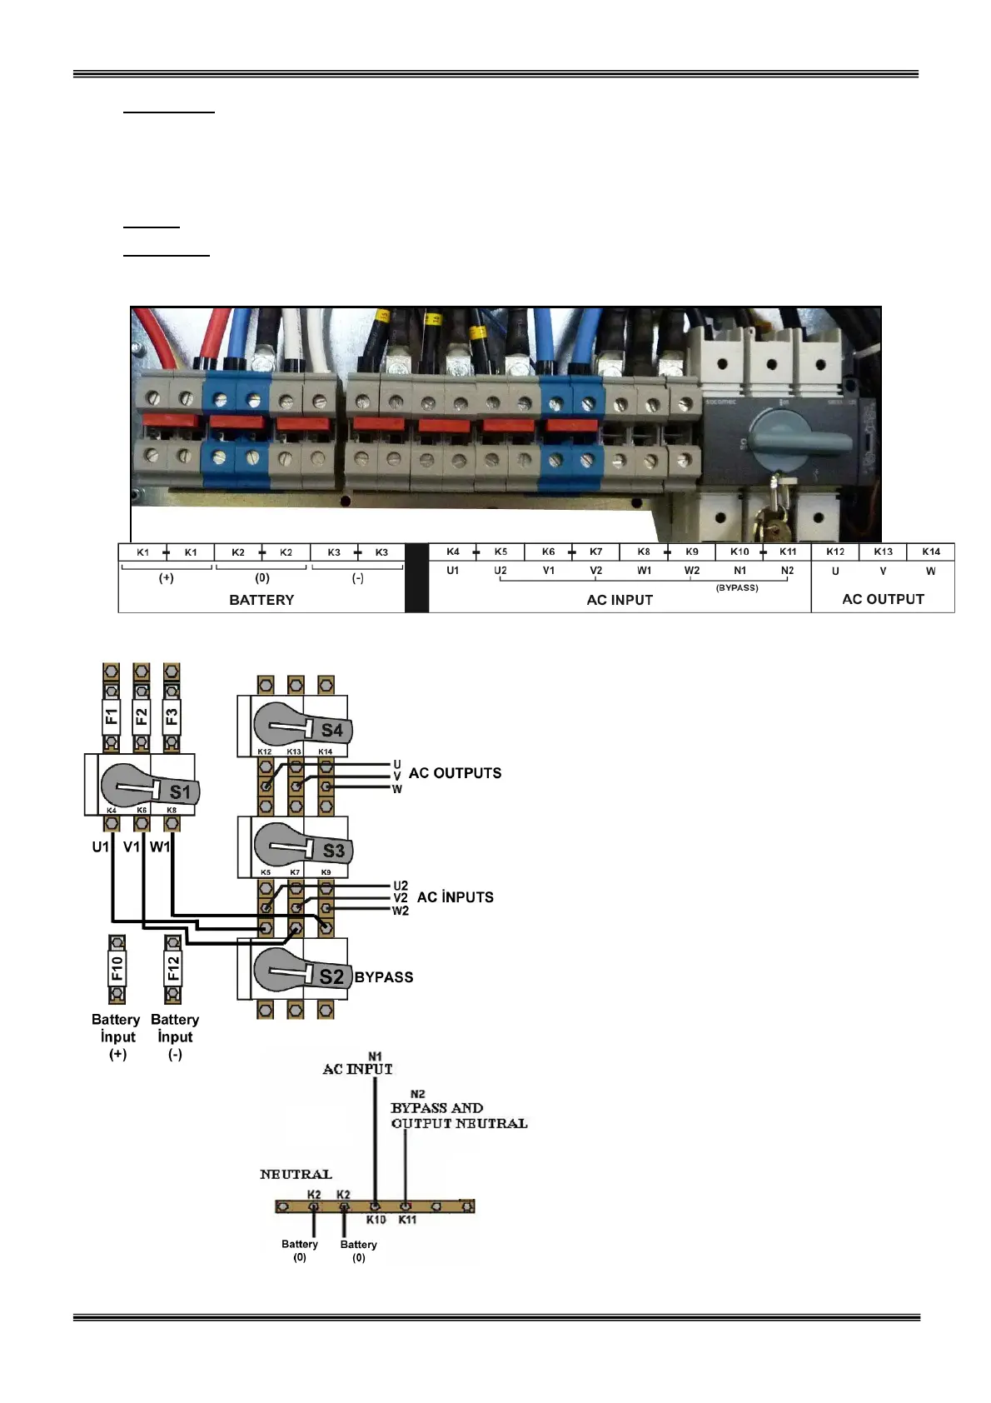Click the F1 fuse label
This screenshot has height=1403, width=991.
pyautogui.click(x=111, y=716)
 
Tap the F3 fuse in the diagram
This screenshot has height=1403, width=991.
pyautogui.click(x=172, y=716)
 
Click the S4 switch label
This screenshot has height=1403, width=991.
pyautogui.click(x=331, y=731)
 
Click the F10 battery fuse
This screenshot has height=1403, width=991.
pyautogui.click(x=117, y=968)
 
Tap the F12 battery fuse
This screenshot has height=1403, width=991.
pyautogui.click(x=173, y=968)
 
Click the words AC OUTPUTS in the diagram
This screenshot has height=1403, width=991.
pyautogui.click(x=455, y=773)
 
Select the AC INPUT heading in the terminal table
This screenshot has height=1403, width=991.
pyautogui.click(x=620, y=600)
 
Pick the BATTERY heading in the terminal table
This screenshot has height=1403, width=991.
pyautogui.click(x=261, y=600)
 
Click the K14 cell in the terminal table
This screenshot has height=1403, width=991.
pyautogui.click(x=931, y=552)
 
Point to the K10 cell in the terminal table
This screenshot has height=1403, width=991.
pyautogui.click(x=740, y=552)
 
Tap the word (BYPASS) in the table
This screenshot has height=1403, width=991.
pyautogui.click(x=737, y=587)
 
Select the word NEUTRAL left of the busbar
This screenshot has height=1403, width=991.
pyautogui.click(x=296, y=1175)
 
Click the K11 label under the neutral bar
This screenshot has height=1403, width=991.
pyautogui.click(x=407, y=1220)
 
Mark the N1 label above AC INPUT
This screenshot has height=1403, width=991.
pyautogui.click(x=375, y=1056)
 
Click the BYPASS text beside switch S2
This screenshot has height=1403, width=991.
pyautogui.click(x=384, y=977)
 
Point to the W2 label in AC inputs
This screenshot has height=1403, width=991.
pyautogui.click(x=401, y=911)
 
